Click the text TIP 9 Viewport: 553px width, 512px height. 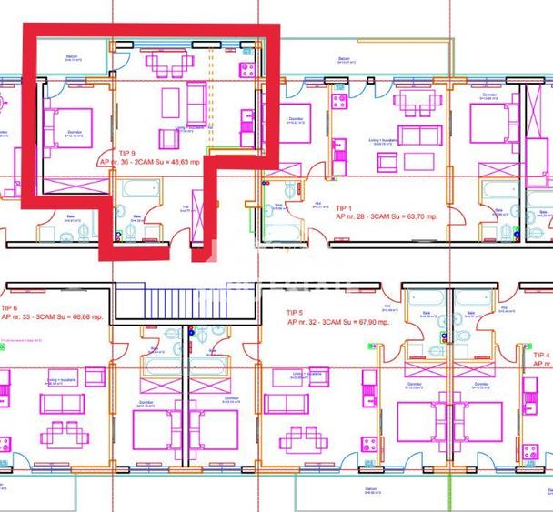tap(126, 153)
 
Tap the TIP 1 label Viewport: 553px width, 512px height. tap(344, 208)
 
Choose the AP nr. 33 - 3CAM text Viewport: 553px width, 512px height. tap(28, 318)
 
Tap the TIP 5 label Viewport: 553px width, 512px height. tap(295, 313)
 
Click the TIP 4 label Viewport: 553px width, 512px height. tap(541, 355)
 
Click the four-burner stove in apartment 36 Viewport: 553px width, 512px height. tap(245, 70)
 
